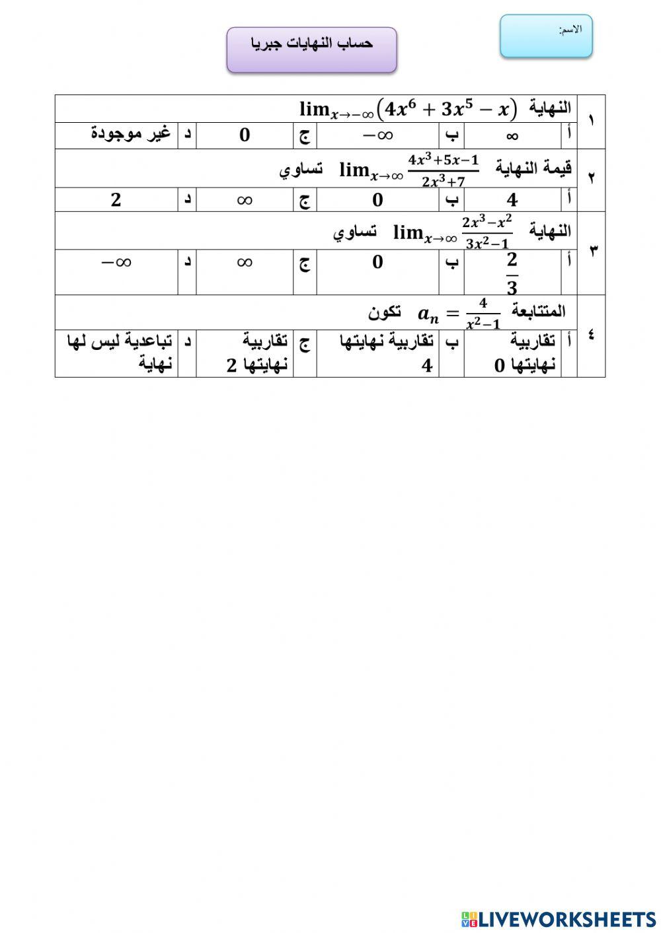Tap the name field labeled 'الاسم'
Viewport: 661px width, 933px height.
coord(546,36)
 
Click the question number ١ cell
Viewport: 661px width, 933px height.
coord(590,121)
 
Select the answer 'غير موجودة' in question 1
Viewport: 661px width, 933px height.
coord(130,134)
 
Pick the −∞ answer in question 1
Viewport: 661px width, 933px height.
coord(377,135)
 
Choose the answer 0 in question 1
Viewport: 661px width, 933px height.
coord(245,135)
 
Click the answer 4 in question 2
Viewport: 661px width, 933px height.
coord(512,199)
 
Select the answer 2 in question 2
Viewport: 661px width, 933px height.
coord(116,199)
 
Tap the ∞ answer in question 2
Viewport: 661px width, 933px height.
coord(245,199)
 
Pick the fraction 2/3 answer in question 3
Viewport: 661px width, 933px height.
coord(512,272)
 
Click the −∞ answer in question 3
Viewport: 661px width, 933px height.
coord(116,262)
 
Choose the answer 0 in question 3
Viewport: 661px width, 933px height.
coord(377,262)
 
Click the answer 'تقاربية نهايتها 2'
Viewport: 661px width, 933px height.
coord(256,353)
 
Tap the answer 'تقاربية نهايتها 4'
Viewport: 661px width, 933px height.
coord(387,353)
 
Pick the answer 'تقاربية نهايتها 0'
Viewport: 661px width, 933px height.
coord(525,353)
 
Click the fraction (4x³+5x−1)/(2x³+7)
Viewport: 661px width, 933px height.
coord(443,170)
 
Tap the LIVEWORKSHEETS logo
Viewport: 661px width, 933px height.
coord(559,919)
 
